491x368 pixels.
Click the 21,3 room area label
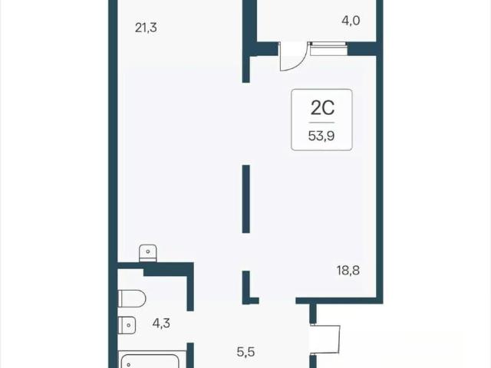[146, 28]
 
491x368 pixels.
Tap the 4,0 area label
[351, 21]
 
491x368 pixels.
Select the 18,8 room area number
[348, 270]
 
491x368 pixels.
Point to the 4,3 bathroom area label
[161, 323]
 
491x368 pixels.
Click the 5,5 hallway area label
[245, 352]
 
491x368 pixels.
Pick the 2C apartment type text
[322, 107]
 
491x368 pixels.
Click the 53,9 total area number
[321, 136]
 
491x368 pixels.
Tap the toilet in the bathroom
[132, 298]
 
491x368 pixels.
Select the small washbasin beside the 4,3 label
[127, 325]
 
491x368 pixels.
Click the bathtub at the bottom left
[149, 360]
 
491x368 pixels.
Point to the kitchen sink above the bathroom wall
[148, 253]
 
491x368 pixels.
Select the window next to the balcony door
[329, 49]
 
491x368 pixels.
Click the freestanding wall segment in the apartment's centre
[245, 199]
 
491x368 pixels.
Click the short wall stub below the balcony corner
[245, 70]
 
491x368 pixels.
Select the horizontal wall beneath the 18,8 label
[339, 301]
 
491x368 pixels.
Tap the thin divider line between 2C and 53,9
[322, 123]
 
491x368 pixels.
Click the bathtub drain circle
[128, 365]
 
